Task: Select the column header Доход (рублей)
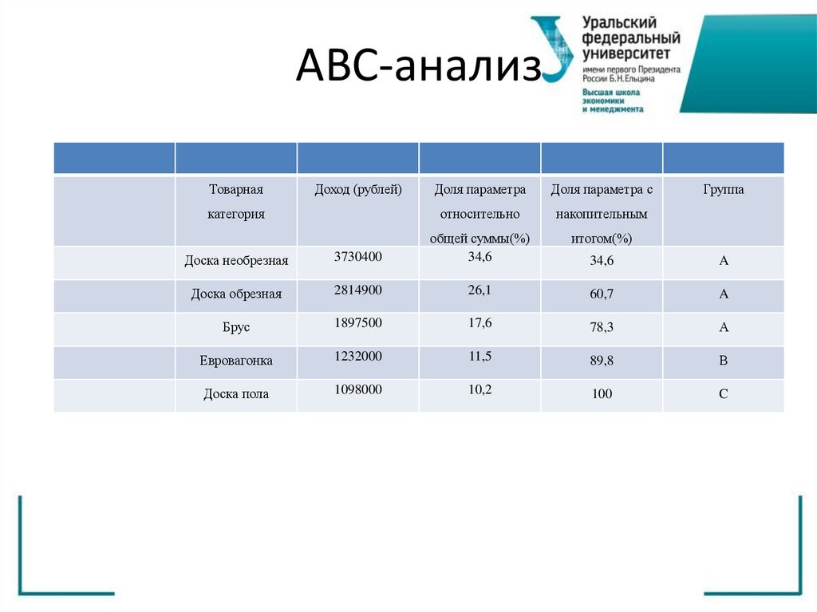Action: [358, 190]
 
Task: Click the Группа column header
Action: [724, 190]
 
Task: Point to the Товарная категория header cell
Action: [236, 202]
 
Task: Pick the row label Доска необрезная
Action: [236, 260]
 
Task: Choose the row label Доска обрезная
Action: [236, 294]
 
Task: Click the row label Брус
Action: [236, 327]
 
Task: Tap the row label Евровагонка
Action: [236, 361]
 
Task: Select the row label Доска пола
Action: [236, 394]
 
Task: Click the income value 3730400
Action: [358, 256]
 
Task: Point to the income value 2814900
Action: [358, 290]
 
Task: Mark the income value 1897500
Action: [358, 322]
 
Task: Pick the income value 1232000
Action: [358, 356]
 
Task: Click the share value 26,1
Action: [480, 290]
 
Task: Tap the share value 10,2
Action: [480, 389]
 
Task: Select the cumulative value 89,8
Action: [602, 361]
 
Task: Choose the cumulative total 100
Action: [602, 394]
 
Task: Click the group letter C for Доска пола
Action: [724, 394]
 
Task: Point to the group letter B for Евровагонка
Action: [724, 361]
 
